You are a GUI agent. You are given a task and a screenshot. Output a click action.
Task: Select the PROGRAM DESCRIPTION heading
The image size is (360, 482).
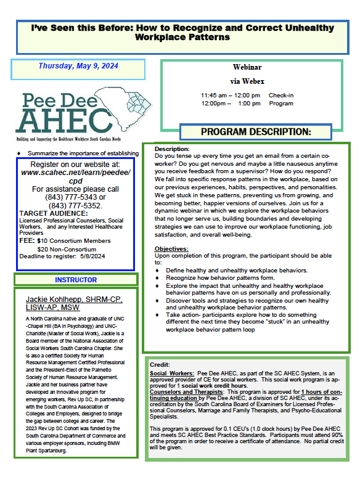tap(256, 132)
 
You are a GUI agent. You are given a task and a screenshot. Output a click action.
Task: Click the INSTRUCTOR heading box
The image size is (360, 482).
tap(76, 280)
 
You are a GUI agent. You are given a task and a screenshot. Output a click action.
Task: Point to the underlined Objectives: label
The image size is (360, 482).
tap(171, 248)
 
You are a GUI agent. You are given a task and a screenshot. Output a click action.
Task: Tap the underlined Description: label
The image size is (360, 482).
tap(173, 149)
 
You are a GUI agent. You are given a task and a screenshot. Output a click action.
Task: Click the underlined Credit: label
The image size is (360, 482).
tap(160, 365)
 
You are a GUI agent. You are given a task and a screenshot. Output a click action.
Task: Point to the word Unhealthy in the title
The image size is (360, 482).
tap(284, 28)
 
